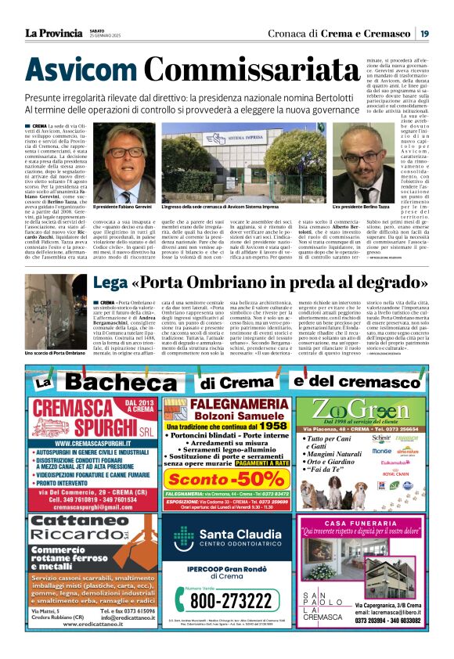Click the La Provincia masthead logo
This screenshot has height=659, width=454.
click(x=53, y=33)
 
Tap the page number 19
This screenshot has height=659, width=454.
click(x=423, y=33)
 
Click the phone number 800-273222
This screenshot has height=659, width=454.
click(x=235, y=600)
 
